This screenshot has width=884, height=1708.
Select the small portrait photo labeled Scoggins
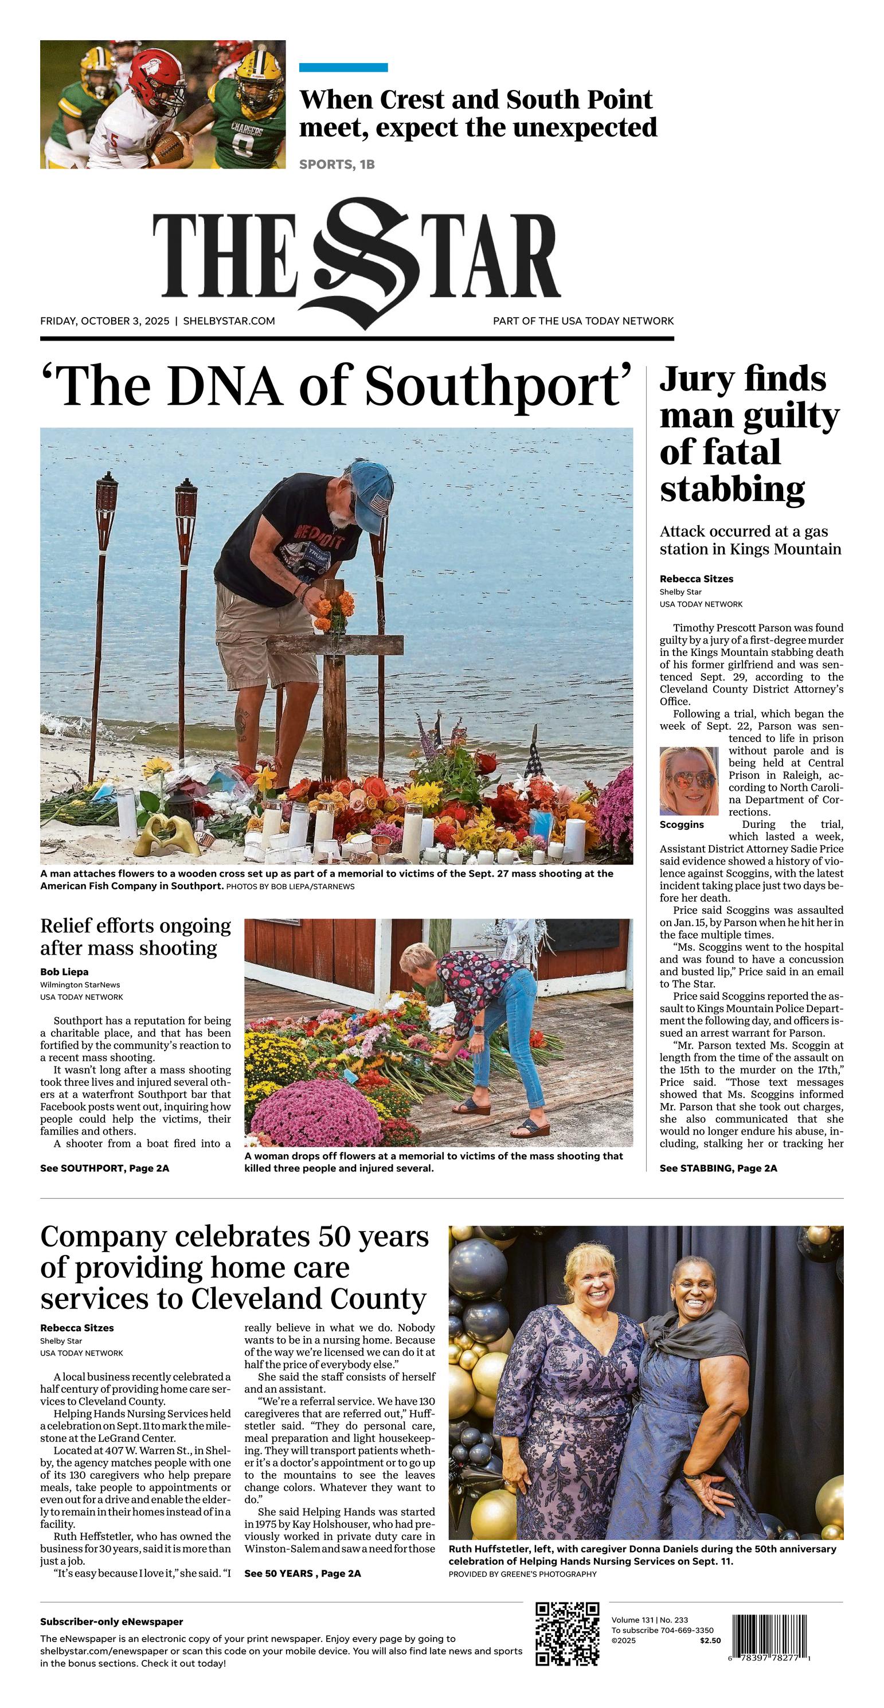(x=689, y=781)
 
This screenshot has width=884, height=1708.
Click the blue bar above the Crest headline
(x=343, y=68)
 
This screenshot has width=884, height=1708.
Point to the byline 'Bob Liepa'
(x=64, y=972)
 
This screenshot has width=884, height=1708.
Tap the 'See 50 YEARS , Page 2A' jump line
(x=302, y=1573)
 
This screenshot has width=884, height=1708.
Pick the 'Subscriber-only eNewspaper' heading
(x=111, y=1622)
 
